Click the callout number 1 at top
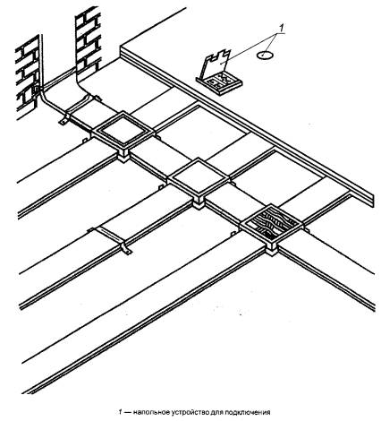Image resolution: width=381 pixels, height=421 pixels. (281, 28)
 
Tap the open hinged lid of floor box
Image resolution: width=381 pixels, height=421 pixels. (217, 64)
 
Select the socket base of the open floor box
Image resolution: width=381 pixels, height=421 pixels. (219, 84)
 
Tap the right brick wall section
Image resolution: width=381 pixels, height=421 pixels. (88, 42)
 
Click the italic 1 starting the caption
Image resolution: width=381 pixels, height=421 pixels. (120, 412)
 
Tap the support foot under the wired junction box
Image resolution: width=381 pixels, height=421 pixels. (272, 250)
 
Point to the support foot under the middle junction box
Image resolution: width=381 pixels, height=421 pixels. (199, 203)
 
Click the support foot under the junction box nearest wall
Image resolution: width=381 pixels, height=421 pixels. (123, 157)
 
